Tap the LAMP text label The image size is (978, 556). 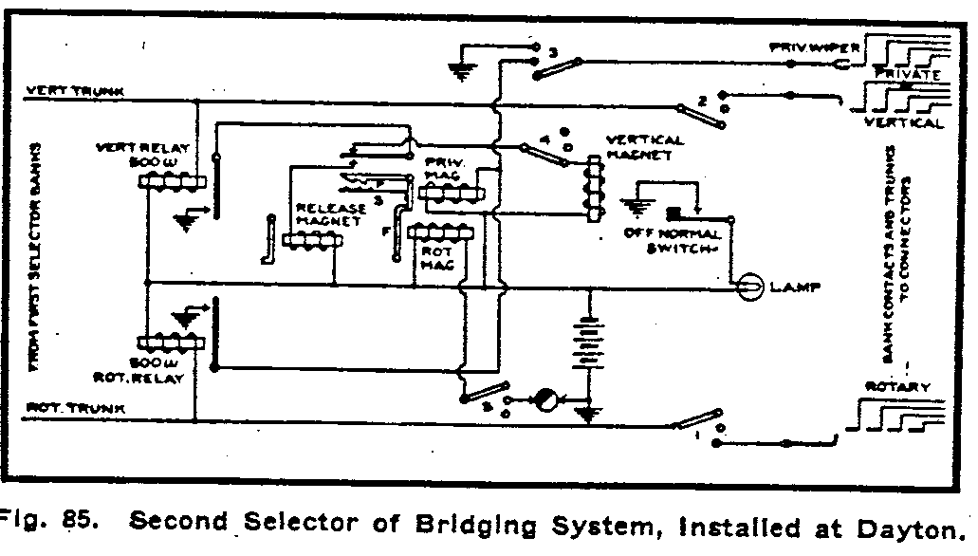coord(797,287)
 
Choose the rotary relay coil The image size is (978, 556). coord(172,343)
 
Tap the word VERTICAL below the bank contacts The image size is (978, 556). coord(904,123)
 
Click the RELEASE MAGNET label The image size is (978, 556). coord(329,214)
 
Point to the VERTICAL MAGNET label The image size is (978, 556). coord(644,147)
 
